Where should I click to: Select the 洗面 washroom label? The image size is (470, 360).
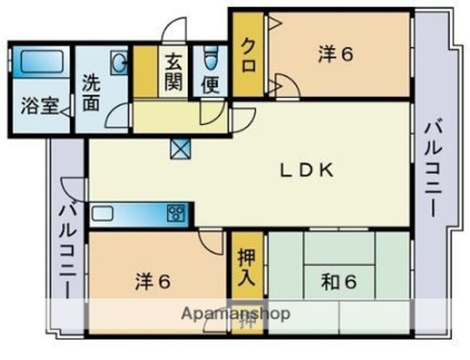pyautogui.click(x=91, y=93)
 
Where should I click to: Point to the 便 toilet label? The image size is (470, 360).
pyautogui.click(x=210, y=86)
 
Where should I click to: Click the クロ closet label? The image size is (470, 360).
pyautogui.click(x=249, y=56)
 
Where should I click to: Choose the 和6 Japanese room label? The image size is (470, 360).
pyautogui.click(x=339, y=282)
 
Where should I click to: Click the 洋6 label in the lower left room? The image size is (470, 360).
pyautogui.click(x=153, y=282)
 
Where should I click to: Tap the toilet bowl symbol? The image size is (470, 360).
pyautogui.click(x=210, y=59)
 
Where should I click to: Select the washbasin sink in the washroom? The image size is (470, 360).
pyautogui.click(x=119, y=63)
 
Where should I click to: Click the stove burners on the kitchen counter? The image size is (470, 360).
pyautogui.click(x=177, y=213)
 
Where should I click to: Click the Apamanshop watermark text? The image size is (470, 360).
pyautogui.click(x=235, y=314)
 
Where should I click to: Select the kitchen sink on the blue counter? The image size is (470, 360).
pyautogui.click(x=104, y=213)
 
